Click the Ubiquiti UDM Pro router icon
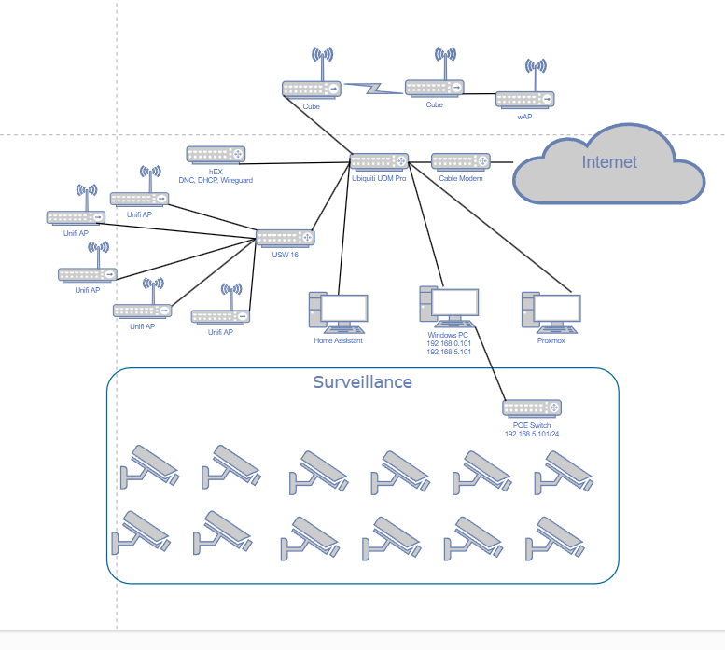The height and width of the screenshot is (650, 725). pos(379,161)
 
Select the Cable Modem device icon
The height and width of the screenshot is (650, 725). pos(461,161)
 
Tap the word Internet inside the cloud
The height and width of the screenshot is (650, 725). pos(609,162)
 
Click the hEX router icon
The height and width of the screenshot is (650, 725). pos(216,155)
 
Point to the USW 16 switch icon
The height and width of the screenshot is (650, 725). pos(286,239)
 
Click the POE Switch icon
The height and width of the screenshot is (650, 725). pos(532,408)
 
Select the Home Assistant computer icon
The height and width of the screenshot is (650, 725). pos(338,312)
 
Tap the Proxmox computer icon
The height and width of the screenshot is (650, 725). pos(551,312)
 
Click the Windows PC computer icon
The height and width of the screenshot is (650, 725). pos(449,307)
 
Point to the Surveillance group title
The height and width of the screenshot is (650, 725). pos(362,382)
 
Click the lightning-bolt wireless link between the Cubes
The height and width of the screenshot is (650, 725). pos(373,89)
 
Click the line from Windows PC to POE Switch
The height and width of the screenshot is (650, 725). pos(489,364)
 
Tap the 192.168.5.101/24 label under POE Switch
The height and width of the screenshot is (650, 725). pos(532,434)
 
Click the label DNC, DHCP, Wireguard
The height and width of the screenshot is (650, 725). pos(216,180)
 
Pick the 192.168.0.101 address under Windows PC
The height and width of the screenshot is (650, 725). pos(449,343)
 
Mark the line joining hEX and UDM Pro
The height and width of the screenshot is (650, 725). pos(295,163)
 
